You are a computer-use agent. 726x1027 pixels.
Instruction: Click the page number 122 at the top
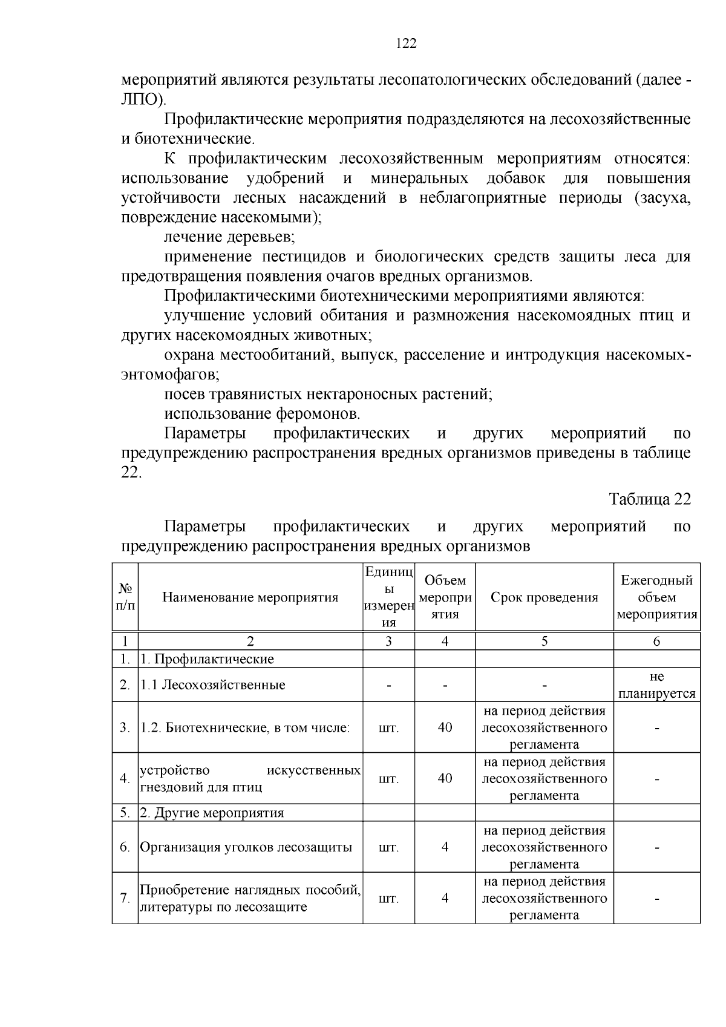(x=406, y=43)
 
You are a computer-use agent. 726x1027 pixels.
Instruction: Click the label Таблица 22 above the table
(x=649, y=499)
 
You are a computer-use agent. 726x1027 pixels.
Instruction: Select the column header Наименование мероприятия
(x=250, y=597)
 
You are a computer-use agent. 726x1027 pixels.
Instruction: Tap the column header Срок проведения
(x=544, y=597)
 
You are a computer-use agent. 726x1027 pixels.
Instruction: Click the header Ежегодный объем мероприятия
(x=656, y=597)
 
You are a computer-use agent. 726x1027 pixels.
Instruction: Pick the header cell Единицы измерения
(x=388, y=597)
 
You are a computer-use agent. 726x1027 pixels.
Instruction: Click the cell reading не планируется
(x=656, y=685)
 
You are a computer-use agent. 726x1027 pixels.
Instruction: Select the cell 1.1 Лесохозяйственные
(x=213, y=685)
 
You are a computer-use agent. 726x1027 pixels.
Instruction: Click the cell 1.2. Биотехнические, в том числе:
(x=245, y=727)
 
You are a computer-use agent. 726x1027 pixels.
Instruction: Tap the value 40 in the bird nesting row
(x=445, y=778)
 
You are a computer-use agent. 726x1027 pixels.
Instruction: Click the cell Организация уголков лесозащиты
(x=246, y=847)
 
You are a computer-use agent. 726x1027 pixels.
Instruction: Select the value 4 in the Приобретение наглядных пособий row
(x=445, y=898)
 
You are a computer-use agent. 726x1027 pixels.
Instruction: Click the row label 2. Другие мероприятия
(x=212, y=813)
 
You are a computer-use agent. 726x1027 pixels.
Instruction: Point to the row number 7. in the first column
(x=125, y=898)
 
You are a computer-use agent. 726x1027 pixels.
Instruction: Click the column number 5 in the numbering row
(x=544, y=641)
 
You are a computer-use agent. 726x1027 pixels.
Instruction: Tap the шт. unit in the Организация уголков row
(x=388, y=847)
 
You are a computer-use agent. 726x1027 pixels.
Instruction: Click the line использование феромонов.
(x=262, y=414)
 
